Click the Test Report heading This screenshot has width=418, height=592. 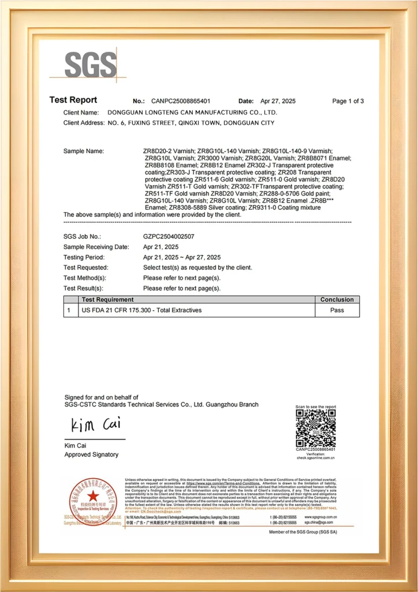pyautogui.click(x=73, y=100)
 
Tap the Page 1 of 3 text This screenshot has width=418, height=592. pyautogui.click(x=348, y=101)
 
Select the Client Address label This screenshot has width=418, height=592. pyautogui.click(x=83, y=123)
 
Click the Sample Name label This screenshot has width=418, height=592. pyautogui.click(x=84, y=151)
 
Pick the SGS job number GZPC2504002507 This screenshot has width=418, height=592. pyautogui.click(x=169, y=236)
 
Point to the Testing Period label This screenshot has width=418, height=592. pyautogui.click(x=84, y=257)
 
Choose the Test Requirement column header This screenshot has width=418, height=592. pyautogui.click(x=107, y=299)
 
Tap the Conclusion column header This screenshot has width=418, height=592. pyautogui.click(x=337, y=299)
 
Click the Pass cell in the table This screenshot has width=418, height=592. pyautogui.click(x=337, y=310)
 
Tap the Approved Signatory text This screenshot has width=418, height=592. pyautogui.click(x=91, y=454)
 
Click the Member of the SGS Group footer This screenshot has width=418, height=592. pyautogui.click(x=303, y=531)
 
